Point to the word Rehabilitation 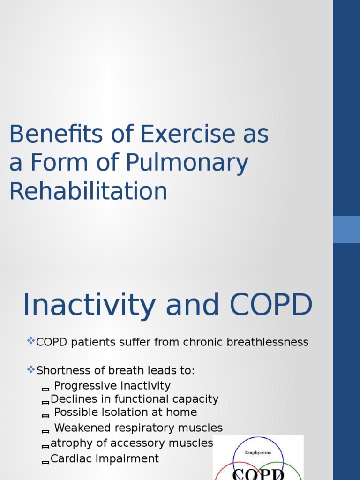(x=88, y=192)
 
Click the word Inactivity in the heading (x=89, y=305)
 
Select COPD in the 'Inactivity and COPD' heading (x=270, y=305)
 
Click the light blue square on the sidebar (x=346, y=229)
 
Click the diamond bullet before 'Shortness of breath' (x=31, y=369)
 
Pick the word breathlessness (x=267, y=342)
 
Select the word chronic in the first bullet (x=205, y=342)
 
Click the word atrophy (x=69, y=443)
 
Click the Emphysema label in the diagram (x=258, y=452)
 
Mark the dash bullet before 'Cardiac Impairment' (x=45, y=462)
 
